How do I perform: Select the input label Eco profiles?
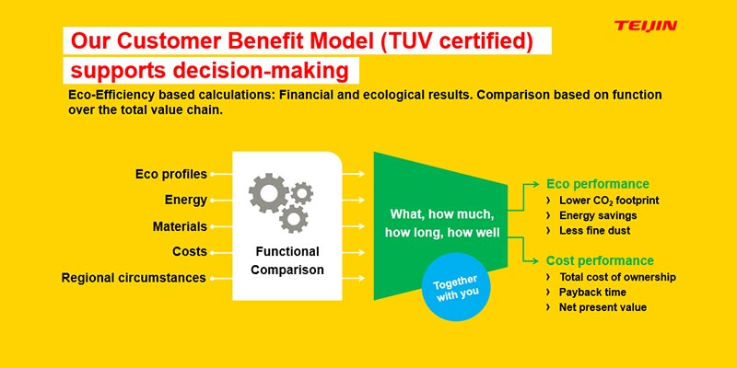(x=170, y=173)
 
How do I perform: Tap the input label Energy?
(x=185, y=200)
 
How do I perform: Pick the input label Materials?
(x=180, y=226)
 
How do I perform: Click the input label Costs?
(x=190, y=251)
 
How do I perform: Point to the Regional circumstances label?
(x=134, y=278)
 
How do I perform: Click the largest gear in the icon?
(x=269, y=193)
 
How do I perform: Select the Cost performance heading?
(x=600, y=260)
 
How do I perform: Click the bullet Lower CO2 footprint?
(x=609, y=200)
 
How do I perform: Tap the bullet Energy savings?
(x=602, y=215)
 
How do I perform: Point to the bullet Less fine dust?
(x=598, y=230)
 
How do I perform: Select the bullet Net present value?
(x=602, y=307)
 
